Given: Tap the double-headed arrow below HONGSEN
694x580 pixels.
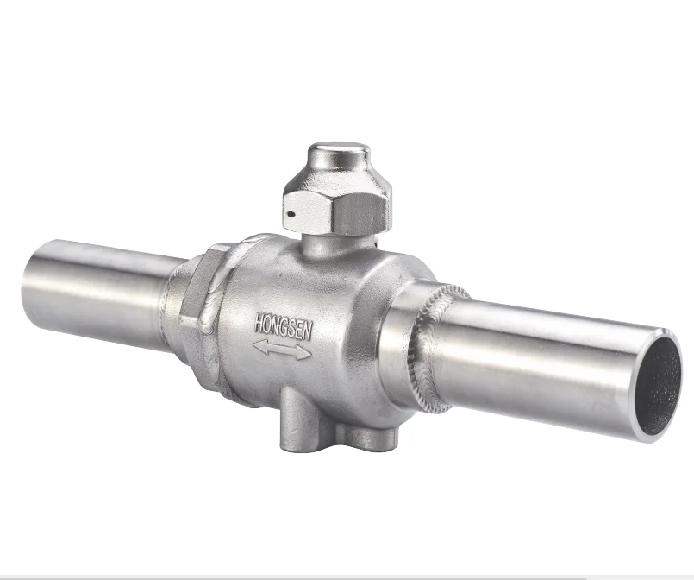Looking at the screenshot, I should click(x=283, y=348).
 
